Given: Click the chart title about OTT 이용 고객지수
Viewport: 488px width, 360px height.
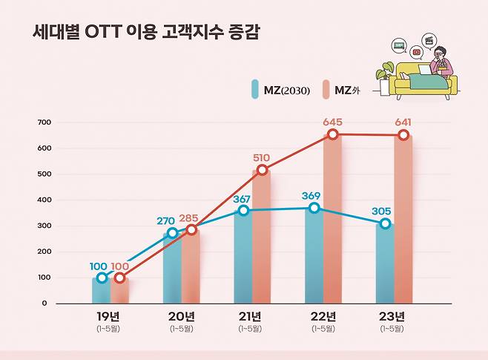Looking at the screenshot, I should point(145,33).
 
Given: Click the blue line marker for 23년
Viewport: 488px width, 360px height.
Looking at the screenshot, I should point(385,223).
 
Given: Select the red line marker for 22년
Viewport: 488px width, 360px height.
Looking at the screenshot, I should point(333,134).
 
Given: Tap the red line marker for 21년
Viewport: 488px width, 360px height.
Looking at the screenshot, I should point(262,170).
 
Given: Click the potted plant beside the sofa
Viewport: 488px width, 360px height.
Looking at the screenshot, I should point(384,79).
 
